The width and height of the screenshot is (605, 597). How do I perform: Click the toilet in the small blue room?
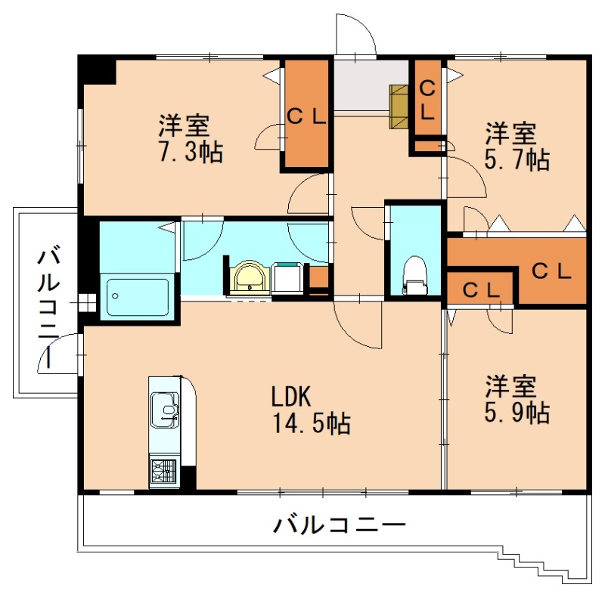click(414, 274)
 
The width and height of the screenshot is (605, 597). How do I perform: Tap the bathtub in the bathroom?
click(138, 296)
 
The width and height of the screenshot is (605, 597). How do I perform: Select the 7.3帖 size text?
click(189, 152)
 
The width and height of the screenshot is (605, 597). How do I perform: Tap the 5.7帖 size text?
click(517, 159)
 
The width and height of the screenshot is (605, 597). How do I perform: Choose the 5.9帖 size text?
click(517, 412)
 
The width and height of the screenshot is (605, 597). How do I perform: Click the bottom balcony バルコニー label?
click(340, 524)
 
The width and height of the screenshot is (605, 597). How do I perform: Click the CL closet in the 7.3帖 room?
click(306, 116)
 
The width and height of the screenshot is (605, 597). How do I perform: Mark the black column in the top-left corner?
click(97, 70)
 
